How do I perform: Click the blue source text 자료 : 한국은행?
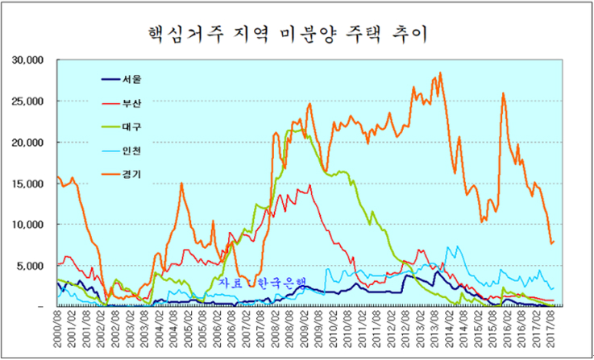pyautogui.click(x=263, y=283)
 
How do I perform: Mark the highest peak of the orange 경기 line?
pyautogui.click(x=440, y=73)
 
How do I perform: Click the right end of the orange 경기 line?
pyautogui.click(x=554, y=241)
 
